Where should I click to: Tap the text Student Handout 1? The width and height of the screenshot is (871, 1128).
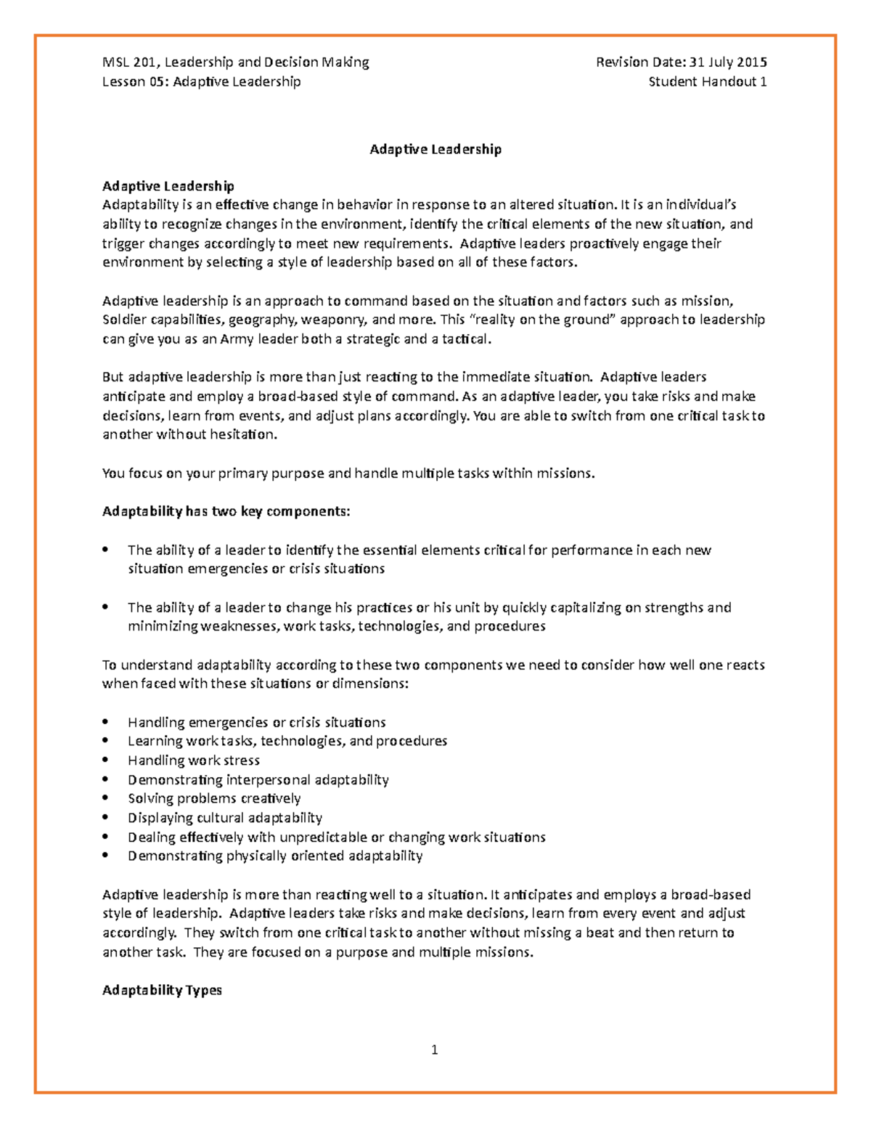tap(707, 81)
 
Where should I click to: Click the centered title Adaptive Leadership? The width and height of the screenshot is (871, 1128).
tap(435, 149)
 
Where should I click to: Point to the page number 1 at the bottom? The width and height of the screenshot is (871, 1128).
tap(434, 1049)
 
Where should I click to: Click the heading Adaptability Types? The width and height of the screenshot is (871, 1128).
tap(162, 990)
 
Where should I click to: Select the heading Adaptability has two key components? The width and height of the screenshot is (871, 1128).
tap(226, 511)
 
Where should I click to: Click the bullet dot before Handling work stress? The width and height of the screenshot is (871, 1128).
tap(106, 760)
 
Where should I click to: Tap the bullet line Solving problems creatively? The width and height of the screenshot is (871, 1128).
tap(214, 798)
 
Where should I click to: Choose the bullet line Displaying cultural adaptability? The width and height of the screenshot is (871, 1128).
tap(225, 818)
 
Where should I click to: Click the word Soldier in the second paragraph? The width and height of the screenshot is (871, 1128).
tap(123, 320)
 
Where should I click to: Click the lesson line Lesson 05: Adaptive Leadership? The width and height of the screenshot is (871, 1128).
tap(201, 81)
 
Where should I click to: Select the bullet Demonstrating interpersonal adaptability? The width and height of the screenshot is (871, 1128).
tap(258, 779)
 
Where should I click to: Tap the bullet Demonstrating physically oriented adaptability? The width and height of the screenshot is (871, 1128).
tap(275, 856)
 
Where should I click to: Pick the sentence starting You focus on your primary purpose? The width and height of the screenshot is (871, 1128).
tap(348, 473)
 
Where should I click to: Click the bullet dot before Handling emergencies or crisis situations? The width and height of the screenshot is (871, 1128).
tap(106, 722)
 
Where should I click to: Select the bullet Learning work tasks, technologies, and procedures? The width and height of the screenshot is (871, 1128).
tap(287, 741)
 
